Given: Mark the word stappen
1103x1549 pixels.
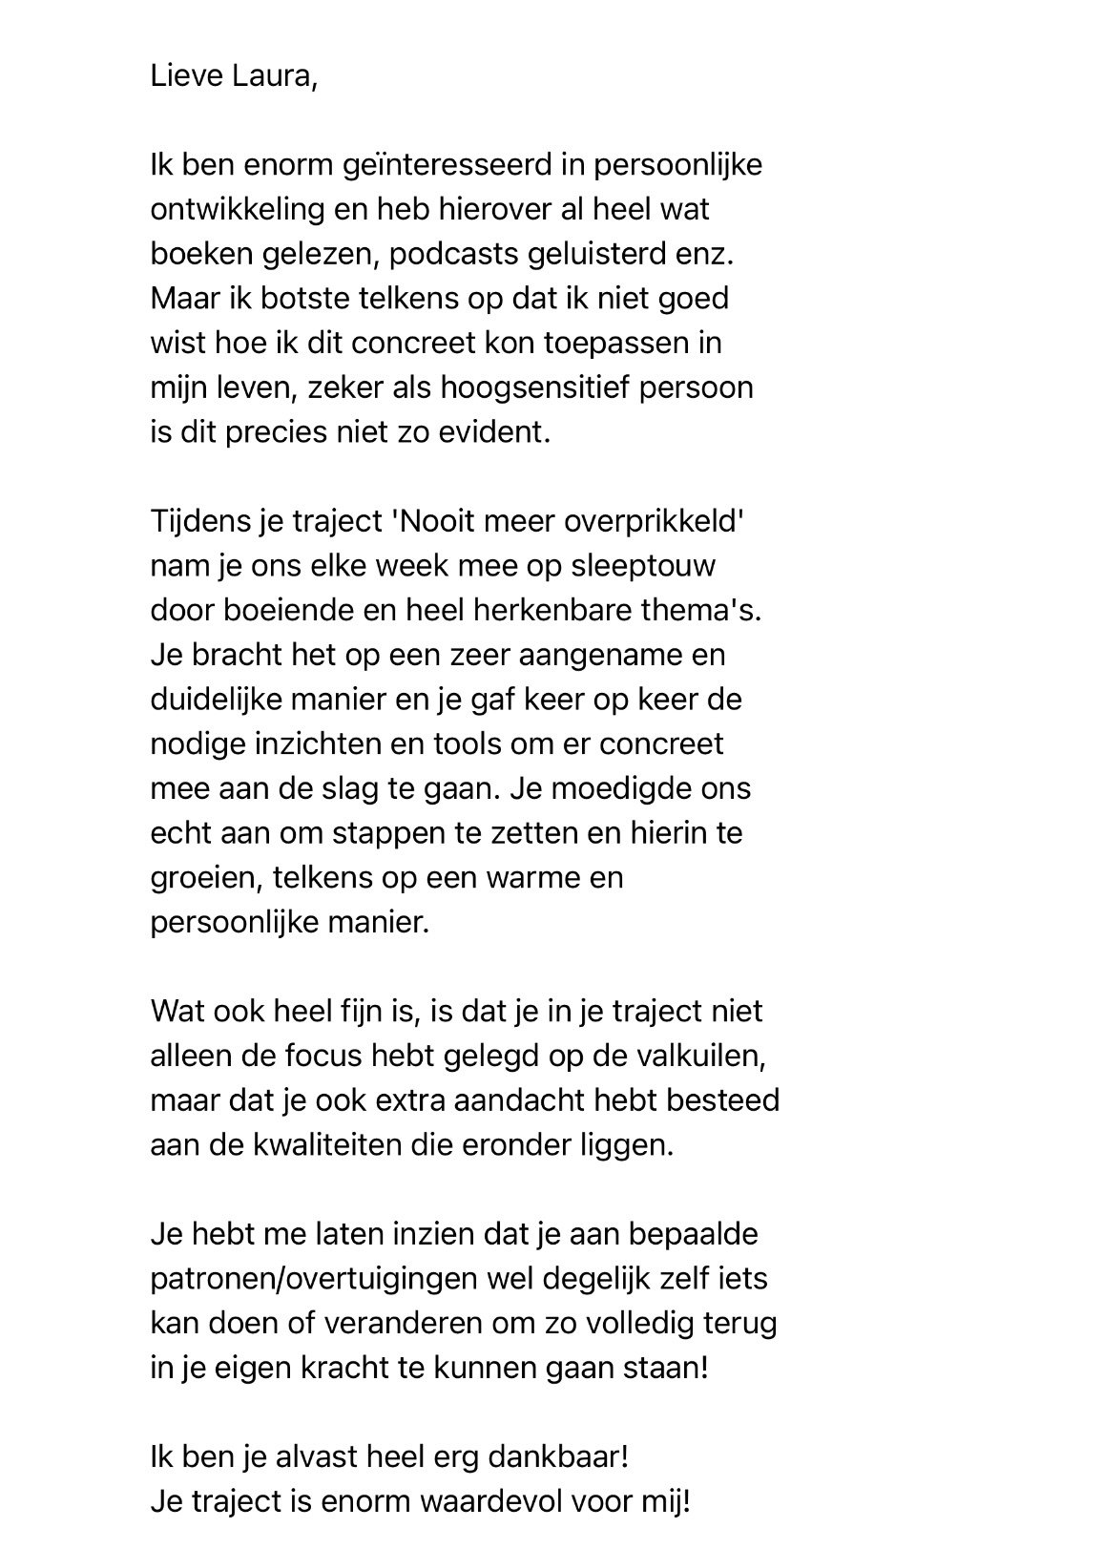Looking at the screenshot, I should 390,833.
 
